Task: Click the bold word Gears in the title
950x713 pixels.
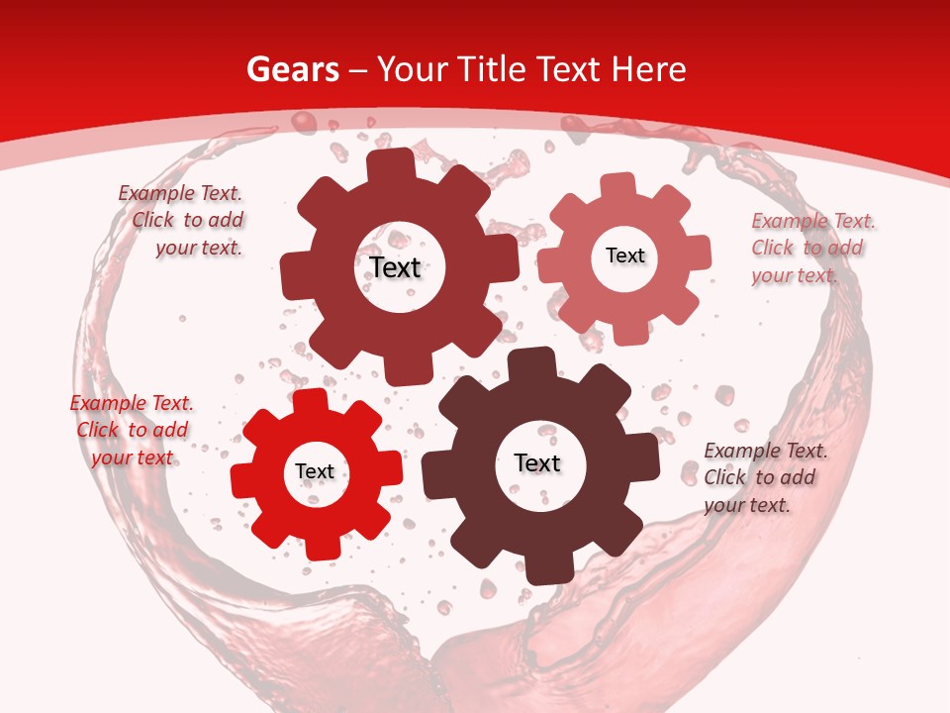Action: click(x=292, y=69)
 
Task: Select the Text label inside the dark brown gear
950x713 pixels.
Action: click(x=537, y=462)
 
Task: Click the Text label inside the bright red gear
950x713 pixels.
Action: click(x=315, y=471)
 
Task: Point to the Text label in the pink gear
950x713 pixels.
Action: click(x=624, y=255)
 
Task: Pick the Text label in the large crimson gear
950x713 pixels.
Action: click(x=396, y=267)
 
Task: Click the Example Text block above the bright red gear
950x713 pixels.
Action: click(x=132, y=430)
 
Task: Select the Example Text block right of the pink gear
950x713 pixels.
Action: click(x=813, y=248)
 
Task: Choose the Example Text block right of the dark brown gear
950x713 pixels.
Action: click(x=766, y=477)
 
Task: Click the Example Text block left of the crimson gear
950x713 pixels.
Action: click(x=183, y=220)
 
